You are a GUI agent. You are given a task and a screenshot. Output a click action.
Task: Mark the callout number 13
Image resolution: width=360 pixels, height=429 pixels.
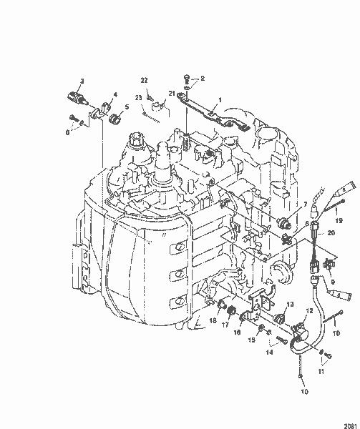pyautogui.click(x=290, y=324)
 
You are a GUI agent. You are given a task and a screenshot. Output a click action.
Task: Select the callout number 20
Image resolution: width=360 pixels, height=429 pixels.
pyautogui.click(x=331, y=233)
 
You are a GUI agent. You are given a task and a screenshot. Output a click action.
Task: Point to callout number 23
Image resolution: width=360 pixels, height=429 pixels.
pyautogui.click(x=138, y=98)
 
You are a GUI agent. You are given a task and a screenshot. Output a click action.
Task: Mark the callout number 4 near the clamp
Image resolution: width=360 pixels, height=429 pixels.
pyautogui.click(x=115, y=93)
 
